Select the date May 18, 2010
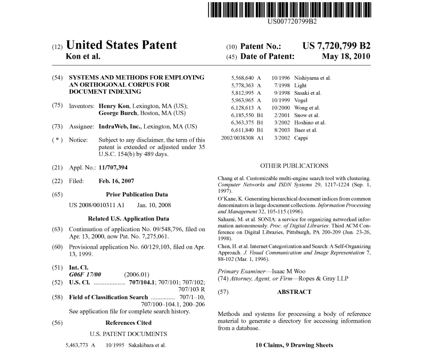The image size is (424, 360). tap(346, 56)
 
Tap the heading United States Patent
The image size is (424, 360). tap(121, 46)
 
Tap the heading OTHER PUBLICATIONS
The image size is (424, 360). tap(294, 166)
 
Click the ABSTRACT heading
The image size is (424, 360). tap(294, 292)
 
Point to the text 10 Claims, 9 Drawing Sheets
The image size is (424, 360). tap(294, 345)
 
